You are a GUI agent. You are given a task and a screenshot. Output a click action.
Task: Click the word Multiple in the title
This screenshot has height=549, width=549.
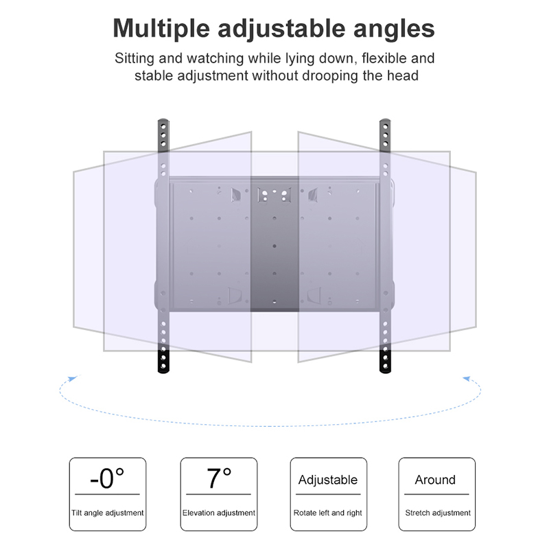click(x=161, y=29)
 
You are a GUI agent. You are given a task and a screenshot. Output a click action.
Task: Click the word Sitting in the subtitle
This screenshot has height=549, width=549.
click(x=134, y=59)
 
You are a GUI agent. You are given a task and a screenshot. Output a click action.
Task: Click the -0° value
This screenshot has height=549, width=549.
click(x=107, y=478)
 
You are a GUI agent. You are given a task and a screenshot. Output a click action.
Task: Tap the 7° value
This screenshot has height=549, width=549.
click(x=219, y=478)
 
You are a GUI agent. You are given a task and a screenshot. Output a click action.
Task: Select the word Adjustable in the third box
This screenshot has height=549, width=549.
click(x=328, y=480)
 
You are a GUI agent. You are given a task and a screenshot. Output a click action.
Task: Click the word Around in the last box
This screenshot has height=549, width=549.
click(x=435, y=479)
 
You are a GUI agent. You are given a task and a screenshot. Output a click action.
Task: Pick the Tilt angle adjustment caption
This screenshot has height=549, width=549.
click(x=108, y=513)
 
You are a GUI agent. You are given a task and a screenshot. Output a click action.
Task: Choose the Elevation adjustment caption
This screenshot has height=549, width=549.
click(x=219, y=513)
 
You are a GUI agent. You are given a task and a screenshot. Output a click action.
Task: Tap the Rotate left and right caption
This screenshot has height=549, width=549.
click(x=328, y=513)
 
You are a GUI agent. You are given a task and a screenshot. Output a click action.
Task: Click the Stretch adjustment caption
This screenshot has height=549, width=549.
click(x=438, y=513)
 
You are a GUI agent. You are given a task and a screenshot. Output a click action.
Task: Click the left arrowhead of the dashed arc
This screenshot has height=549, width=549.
click(x=73, y=379)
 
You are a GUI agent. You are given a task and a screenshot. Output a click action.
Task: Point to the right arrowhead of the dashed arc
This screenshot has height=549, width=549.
click(x=467, y=379)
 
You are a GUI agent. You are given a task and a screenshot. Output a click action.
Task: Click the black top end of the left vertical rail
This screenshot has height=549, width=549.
click(x=163, y=135)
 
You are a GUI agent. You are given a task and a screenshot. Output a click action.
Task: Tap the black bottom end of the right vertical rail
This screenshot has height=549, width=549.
click(x=385, y=362)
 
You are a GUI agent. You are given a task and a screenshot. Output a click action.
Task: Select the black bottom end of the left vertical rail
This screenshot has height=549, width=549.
click(x=163, y=362)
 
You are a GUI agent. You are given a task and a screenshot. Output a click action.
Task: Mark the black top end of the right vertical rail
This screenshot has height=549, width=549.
click(x=385, y=135)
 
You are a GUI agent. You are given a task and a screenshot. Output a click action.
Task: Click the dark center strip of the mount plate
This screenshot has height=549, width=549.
click(x=274, y=244)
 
